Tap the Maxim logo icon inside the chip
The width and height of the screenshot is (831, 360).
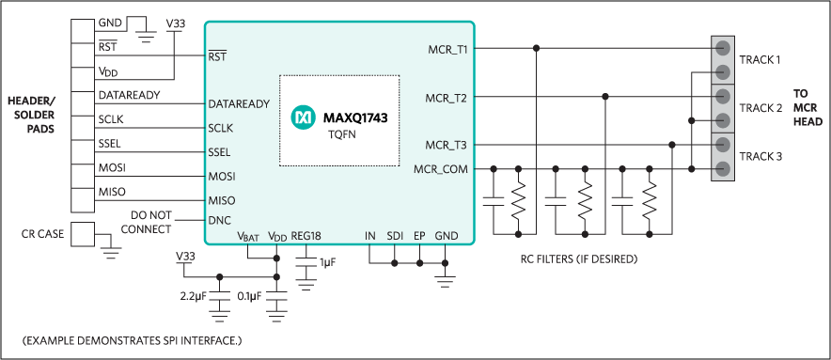pos(303,118)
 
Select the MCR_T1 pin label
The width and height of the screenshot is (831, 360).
pos(447,48)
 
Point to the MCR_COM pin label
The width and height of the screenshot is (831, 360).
pos(440,169)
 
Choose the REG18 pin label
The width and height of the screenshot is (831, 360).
pos(306,236)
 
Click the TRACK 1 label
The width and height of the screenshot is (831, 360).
pos(760,60)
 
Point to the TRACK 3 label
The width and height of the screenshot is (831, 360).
pos(760,156)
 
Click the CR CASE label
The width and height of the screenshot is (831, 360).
pos(42,233)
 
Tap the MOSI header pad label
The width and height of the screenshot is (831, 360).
pos(112,167)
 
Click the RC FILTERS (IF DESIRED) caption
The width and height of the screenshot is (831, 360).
pos(578,258)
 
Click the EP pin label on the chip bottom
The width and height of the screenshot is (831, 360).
pos(419,236)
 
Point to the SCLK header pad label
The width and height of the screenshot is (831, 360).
pos(111,119)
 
